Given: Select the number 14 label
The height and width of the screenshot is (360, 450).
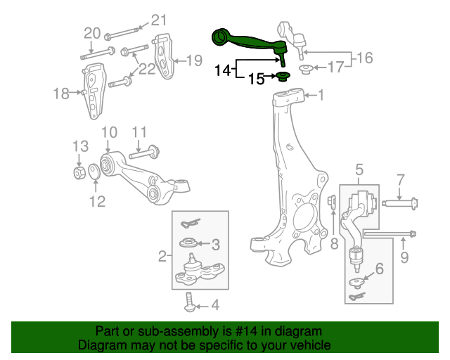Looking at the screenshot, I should point(223,70).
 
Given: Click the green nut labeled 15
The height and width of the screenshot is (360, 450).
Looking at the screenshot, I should point(283,77).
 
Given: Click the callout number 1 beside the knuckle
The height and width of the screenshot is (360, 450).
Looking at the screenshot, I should point(321,94).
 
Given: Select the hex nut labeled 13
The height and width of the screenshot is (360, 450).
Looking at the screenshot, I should point(79,171).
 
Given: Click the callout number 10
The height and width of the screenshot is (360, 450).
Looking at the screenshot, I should point(108,131).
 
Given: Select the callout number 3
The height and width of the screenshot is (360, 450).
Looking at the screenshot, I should point(216,245).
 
